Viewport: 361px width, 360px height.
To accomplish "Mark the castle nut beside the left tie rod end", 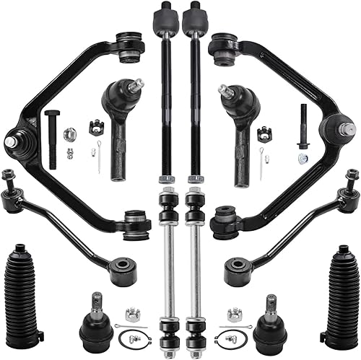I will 94,128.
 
